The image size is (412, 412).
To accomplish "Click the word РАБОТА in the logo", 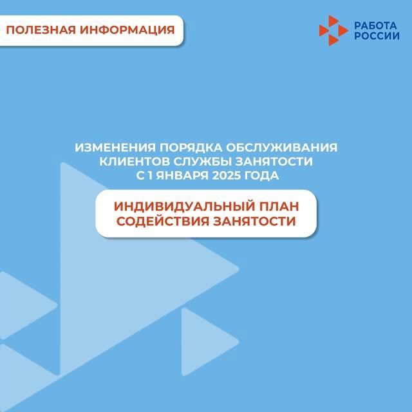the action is (375, 26).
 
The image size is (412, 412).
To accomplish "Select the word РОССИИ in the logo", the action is (377, 36).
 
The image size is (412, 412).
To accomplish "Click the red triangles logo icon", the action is (333, 30).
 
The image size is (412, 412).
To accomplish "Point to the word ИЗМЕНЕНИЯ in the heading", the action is (115, 147).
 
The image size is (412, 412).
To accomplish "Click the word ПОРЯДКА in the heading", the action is (191, 147).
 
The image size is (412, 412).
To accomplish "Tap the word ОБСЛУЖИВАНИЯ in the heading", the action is (282, 147).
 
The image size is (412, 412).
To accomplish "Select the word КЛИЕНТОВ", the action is (135, 162).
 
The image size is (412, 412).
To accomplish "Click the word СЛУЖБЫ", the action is (202, 162).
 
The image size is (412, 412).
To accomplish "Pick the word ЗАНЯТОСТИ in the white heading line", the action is (274, 162).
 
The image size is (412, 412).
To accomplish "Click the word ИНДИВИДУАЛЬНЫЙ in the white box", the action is (185, 206).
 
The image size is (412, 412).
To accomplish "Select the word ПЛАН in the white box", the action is (279, 206).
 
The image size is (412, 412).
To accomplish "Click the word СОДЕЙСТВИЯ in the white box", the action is (163, 221).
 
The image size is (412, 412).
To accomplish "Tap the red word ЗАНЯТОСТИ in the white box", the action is (255, 221).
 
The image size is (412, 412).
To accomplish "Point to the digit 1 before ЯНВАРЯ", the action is (150, 176).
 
